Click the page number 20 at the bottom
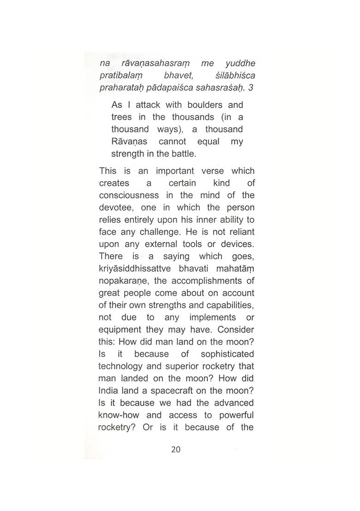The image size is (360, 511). point(176,449)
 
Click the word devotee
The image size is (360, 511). point(116,208)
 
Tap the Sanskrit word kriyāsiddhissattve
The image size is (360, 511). point(135,268)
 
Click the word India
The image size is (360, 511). point(109,391)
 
